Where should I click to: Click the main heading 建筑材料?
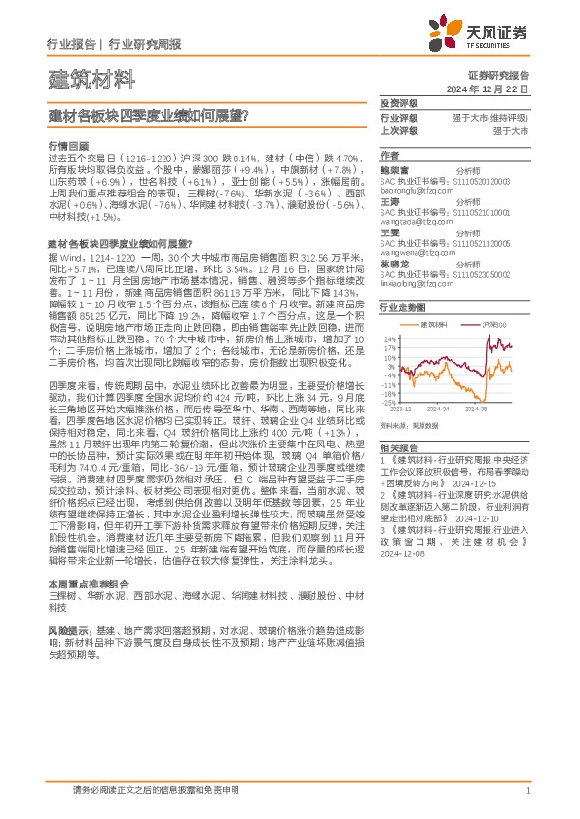(x=79, y=78)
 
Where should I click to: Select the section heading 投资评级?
(x=399, y=102)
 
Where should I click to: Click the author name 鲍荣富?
(x=396, y=168)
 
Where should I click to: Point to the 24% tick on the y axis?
(x=389, y=338)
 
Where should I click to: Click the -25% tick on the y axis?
(x=388, y=401)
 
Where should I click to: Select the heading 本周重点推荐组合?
(x=83, y=583)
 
